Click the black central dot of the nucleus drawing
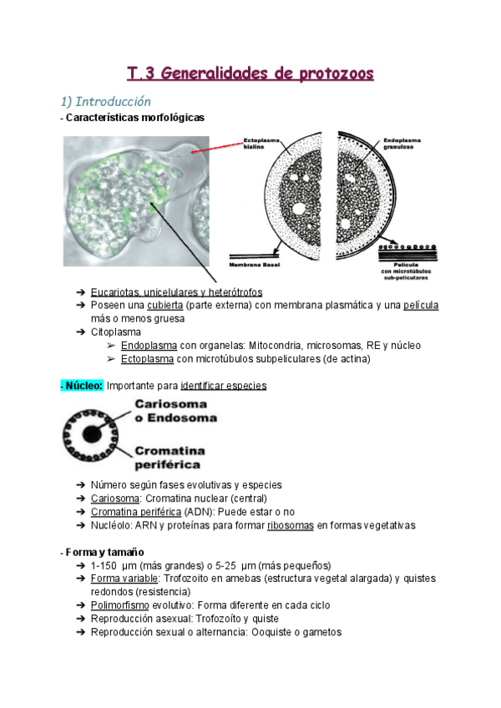(94, 433)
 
